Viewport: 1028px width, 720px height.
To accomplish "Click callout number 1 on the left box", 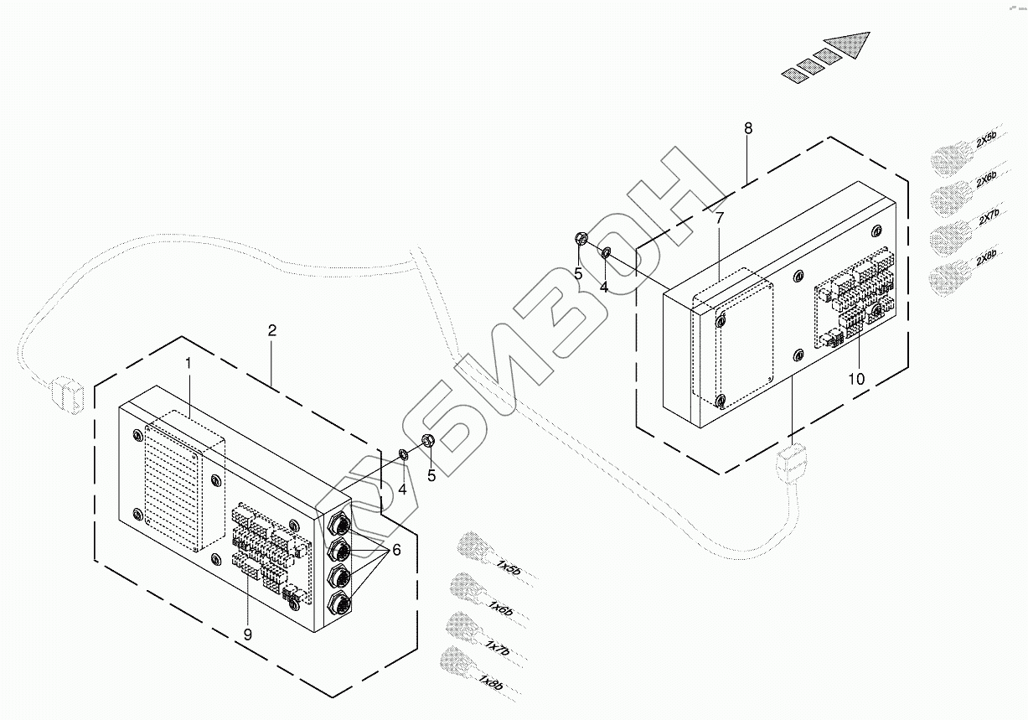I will tap(189, 364).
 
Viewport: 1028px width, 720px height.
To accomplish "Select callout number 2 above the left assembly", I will tap(271, 330).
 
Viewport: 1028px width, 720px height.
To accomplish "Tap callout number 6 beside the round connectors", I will tap(395, 550).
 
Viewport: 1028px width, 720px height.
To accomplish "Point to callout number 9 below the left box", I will tap(247, 635).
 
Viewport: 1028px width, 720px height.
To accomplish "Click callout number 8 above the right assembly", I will tap(748, 128).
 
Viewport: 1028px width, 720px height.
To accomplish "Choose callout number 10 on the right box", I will tap(855, 379).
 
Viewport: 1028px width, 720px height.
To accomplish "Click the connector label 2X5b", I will tap(986, 141).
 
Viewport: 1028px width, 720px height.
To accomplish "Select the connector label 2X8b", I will tap(987, 260).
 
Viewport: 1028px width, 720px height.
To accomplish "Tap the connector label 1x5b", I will tap(509, 569).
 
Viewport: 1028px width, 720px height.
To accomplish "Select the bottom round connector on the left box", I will tap(340, 603).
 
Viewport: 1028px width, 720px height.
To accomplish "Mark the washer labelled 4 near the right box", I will tap(606, 253).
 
